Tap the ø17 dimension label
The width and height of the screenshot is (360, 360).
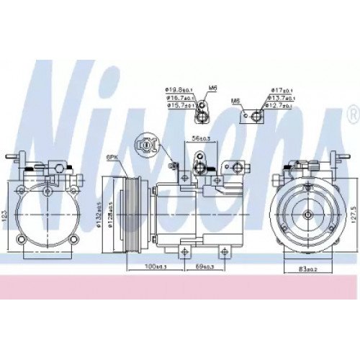[x=281, y=90]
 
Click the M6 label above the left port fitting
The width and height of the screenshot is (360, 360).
[x=213, y=87]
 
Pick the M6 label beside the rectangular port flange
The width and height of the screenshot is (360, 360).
[x=235, y=101]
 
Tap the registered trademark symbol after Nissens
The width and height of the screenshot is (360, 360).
[x=352, y=114]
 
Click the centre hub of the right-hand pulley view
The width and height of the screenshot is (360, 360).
[x=306, y=213]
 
